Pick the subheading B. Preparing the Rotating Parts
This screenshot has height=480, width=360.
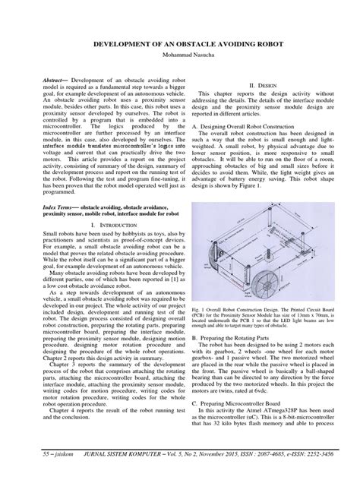[235, 365]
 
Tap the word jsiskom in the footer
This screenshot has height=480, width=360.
[48, 469]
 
